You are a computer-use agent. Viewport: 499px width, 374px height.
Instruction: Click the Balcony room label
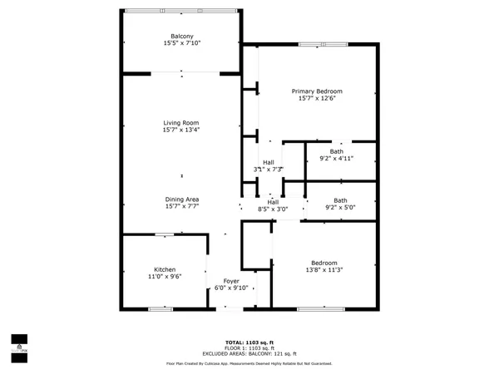tap(182, 36)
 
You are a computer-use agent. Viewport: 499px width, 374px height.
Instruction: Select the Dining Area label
tap(180, 199)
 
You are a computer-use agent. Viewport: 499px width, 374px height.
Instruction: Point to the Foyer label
tap(231, 281)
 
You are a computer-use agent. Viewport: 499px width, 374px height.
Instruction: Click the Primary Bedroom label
tap(316, 91)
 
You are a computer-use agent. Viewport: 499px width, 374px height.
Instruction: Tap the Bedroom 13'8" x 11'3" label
tap(324, 262)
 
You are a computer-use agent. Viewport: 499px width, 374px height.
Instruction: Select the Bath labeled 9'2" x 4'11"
tap(336, 150)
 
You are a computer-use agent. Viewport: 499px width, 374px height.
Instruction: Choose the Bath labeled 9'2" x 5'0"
tap(340, 200)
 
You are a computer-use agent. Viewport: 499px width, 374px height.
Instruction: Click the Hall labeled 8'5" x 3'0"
tap(272, 202)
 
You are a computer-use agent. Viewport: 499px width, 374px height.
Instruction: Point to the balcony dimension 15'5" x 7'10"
tap(182, 43)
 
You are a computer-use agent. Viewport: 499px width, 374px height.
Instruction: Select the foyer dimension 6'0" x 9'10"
tap(231, 288)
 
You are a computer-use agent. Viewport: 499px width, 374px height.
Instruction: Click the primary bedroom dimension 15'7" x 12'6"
tap(316, 98)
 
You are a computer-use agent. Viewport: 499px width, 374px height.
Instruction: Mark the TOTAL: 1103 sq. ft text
tap(249, 342)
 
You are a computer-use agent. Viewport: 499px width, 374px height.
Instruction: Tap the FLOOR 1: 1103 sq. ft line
tap(249, 348)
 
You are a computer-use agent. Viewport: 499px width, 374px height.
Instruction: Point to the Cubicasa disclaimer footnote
tap(249, 363)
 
